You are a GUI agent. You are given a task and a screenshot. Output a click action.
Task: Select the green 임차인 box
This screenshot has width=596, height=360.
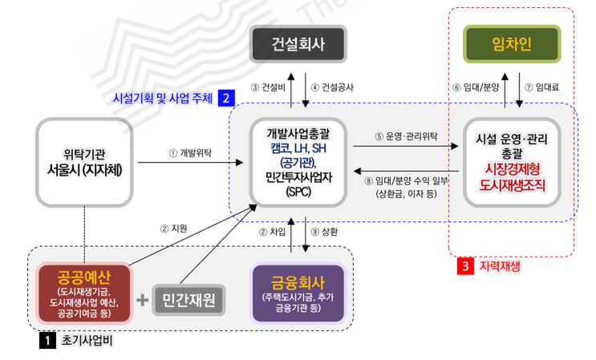point(505,41)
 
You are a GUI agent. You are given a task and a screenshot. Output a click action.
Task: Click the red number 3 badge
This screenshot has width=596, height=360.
point(465,264)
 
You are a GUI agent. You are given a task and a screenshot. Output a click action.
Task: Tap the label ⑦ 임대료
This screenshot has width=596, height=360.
point(541,87)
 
